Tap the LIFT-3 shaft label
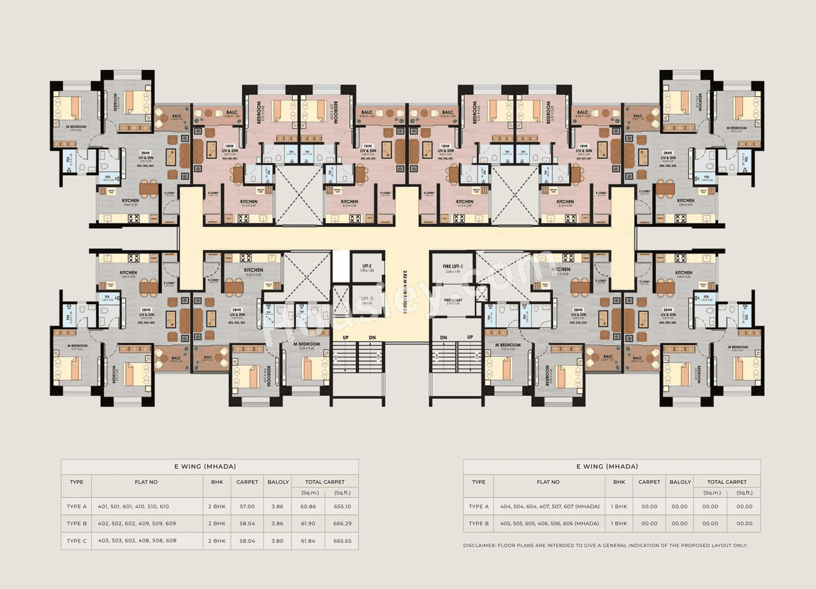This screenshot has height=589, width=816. [x=367, y=298]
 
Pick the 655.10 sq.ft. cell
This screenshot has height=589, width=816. [x=342, y=506]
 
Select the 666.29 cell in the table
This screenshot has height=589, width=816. [x=342, y=523]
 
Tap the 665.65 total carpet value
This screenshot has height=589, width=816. [x=342, y=541]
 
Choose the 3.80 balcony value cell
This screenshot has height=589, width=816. [x=278, y=541]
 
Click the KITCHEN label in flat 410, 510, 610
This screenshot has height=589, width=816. [x=560, y=270]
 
